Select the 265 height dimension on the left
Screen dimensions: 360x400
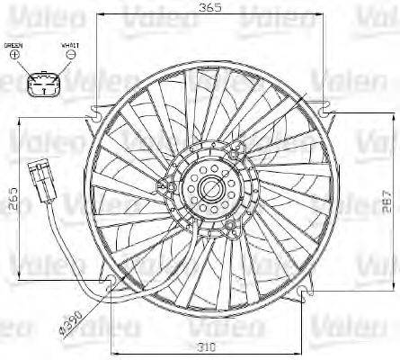[12, 196]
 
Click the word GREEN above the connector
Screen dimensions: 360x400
[13, 44]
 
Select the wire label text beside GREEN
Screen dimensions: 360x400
[69, 44]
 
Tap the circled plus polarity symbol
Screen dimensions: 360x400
[14, 56]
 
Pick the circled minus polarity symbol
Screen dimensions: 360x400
[70, 56]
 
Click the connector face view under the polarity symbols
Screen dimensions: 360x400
[41, 85]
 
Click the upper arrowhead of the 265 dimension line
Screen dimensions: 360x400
[20, 122]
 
